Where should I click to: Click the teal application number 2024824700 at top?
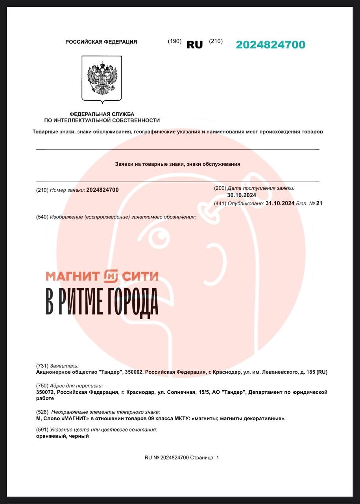tap(270, 45)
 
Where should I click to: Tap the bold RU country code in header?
tap(195, 45)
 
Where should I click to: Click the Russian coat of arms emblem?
tap(102, 78)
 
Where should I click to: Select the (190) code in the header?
tap(174, 41)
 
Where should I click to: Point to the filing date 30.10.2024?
tap(242, 195)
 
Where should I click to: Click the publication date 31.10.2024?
tap(280, 204)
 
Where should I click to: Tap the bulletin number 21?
tap(319, 204)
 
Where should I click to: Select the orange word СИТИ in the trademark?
tap(140, 276)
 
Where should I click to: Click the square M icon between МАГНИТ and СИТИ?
tap(111, 276)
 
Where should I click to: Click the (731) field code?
tap(42, 366)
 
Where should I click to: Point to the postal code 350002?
tap(134, 372)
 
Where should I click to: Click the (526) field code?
tap(42, 412)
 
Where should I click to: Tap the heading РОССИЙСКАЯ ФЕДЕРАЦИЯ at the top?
tap(101, 42)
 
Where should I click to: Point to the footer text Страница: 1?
tap(205, 458)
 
